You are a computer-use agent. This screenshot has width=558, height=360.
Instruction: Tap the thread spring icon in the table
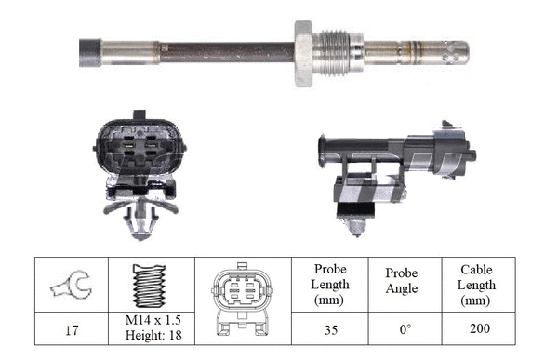149,284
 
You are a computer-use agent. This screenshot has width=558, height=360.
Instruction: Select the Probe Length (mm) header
330,285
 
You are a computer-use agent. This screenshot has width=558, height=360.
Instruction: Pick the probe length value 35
330,327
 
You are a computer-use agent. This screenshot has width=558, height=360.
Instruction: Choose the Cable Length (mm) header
476,285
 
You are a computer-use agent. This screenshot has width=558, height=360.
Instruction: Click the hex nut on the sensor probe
303,53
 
